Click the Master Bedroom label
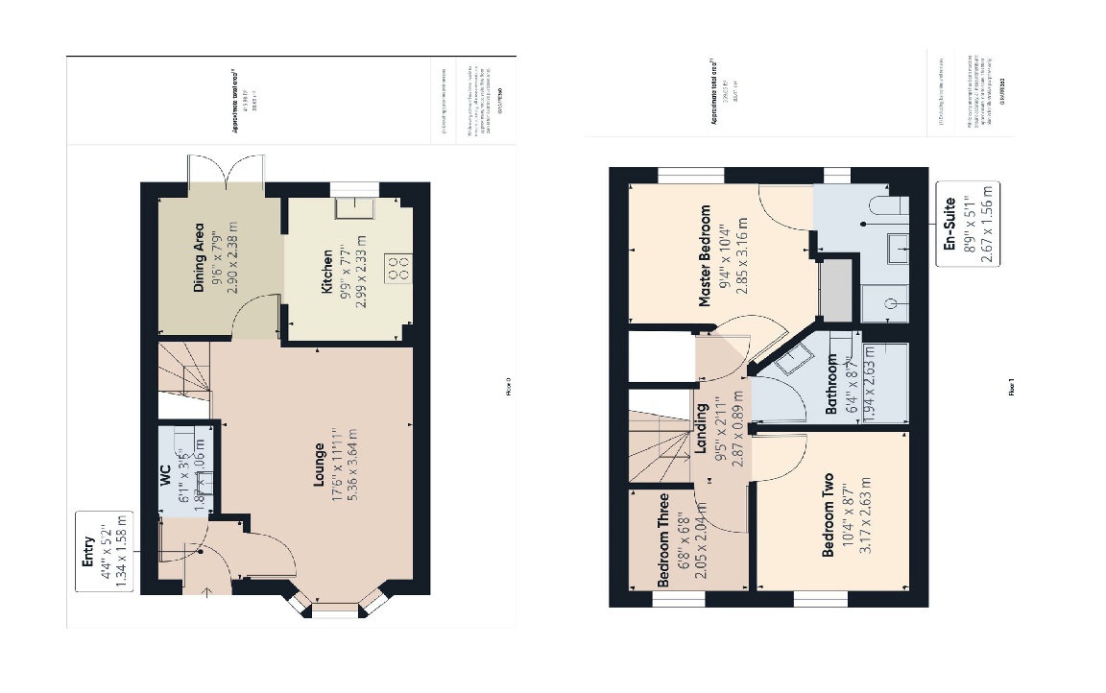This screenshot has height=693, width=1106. [705, 256]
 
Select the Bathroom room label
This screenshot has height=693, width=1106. [832, 385]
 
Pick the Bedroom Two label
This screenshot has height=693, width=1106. [828, 515]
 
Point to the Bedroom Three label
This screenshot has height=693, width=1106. [662, 540]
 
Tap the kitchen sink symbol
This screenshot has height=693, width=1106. [348, 208]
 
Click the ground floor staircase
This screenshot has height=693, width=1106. [182, 370]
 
